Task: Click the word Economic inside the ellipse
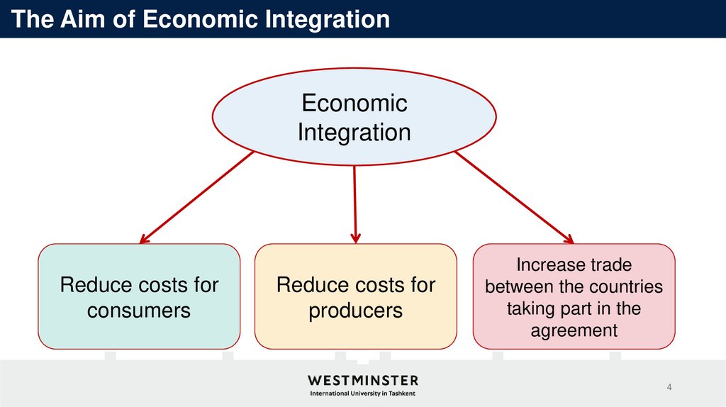(354, 104)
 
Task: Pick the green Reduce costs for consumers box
(139, 296)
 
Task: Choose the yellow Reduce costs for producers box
(355, 296)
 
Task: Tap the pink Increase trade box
(574, 296)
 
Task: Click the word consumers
(139, 311)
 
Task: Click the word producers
(355, 311)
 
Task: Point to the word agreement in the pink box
(574, 330)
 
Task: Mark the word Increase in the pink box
(543, 265)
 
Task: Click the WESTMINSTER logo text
(362, 381)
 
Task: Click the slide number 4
(669, 386)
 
